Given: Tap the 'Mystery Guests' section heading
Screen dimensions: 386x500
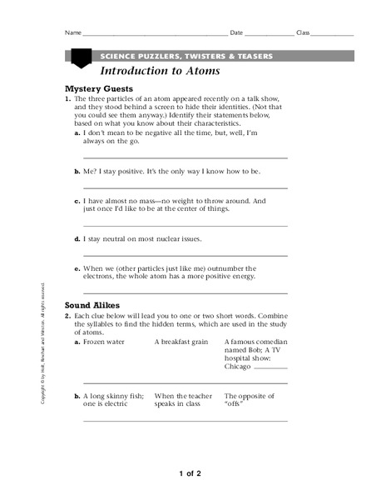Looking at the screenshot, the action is (x=98, y=87).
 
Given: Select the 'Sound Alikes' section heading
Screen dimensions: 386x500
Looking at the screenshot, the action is (x=92, y=306).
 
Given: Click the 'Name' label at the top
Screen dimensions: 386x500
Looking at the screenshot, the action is (x=72, y=32).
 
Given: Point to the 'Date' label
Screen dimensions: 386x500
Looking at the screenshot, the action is (x=236, y=32).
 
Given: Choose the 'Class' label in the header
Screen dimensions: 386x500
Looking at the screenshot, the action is (x=303, y=32).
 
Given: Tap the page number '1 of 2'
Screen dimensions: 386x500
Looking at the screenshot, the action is (x=191, y=473).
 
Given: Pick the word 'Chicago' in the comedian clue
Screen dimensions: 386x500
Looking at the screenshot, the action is (x=242, y=364).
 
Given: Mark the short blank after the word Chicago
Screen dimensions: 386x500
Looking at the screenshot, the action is (x=274, y=367).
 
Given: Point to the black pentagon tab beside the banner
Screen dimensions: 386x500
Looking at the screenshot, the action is (x=80, y=58).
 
